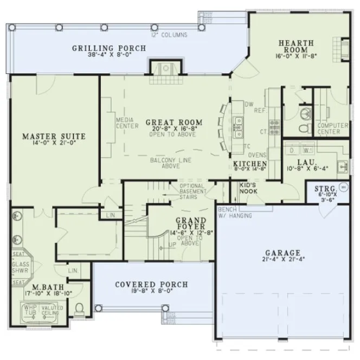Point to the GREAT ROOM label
coord(174,123)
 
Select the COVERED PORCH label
coord(151,285)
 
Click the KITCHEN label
coord(250,164)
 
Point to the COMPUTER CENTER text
coord(329,128)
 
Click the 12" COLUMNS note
coord(169,35)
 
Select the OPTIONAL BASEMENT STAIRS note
coord(192,191)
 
